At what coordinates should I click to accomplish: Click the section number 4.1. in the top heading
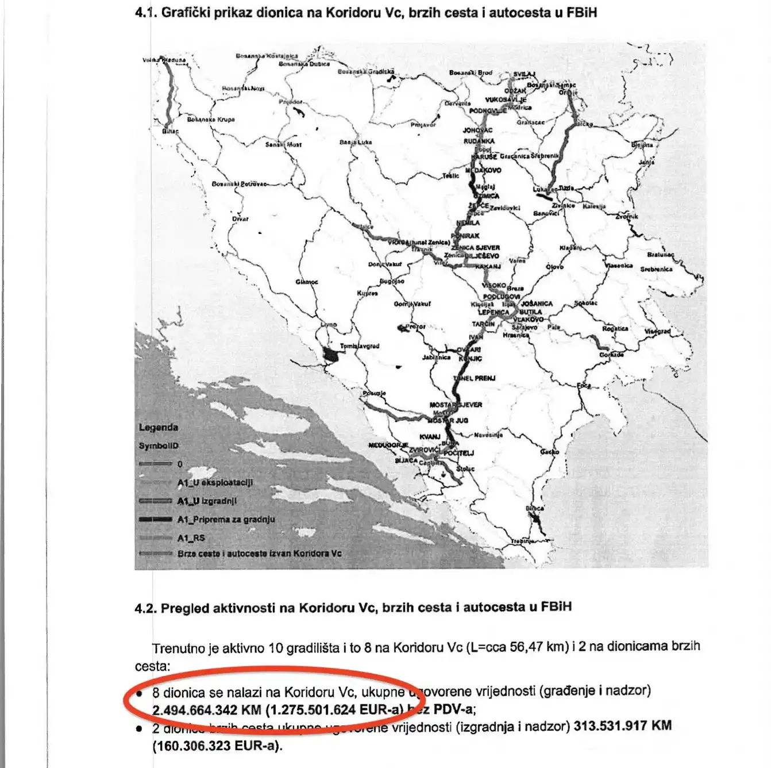tap(146, 12)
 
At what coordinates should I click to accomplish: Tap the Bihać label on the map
tap(170, 131)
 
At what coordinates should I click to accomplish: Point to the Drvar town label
tap(240, 219)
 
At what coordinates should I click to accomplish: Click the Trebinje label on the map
tap(522, 542)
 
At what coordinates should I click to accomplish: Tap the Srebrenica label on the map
tap(656, 269)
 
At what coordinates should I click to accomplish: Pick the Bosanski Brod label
tap(471, 73)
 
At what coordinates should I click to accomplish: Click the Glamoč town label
tap(306, 282)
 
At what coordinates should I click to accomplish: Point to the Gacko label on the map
tap(549, 452)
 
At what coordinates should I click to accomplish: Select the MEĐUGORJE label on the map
tap(388, 445)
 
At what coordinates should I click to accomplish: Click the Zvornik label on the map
tap(626, 217)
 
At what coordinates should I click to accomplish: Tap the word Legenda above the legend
tap(158, 427)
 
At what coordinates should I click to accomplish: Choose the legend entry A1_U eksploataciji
tap(215, 482)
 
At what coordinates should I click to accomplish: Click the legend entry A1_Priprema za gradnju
tap(226, 519)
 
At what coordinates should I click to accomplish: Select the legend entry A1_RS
tap(191, 538)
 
